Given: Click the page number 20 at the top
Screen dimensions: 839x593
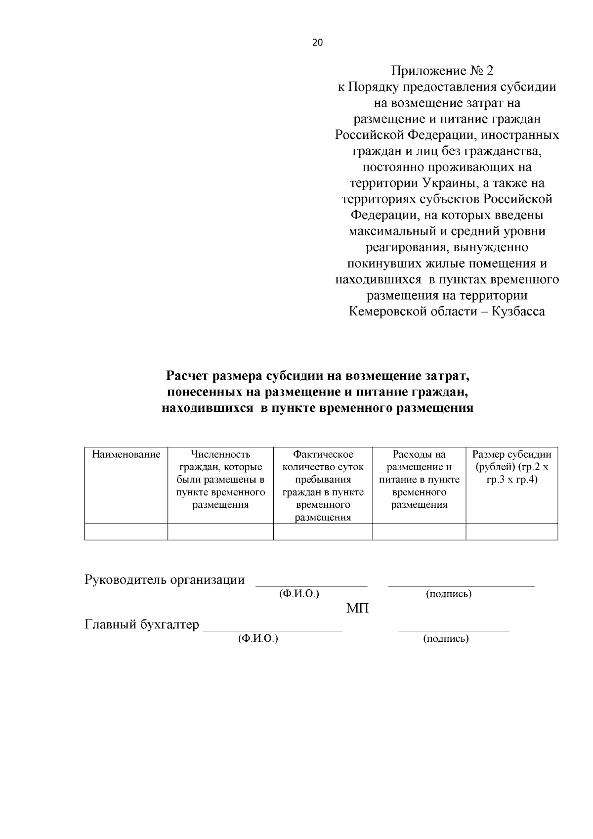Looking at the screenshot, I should [317, 43].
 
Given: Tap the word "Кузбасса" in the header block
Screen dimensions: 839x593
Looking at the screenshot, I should [519, 311].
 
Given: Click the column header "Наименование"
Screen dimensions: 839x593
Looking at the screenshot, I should [127, 454].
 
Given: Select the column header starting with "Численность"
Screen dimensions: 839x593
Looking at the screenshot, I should [220, 480].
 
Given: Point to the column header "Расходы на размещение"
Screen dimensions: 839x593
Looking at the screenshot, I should [419, 479].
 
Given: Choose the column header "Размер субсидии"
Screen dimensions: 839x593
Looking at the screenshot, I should [511, 467].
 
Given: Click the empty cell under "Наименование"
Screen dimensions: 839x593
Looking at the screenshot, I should [127, 532].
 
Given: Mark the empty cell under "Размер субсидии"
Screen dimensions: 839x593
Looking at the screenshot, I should [511, 532].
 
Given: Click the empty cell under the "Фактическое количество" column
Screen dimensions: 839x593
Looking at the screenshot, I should [323, 532].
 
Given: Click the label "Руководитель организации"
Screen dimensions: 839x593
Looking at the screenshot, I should [165, 580].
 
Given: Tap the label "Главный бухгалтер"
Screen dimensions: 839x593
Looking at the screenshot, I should [142, 625].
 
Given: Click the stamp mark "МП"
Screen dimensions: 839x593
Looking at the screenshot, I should [357, 609].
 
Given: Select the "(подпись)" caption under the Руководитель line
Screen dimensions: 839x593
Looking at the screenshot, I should [449, 594].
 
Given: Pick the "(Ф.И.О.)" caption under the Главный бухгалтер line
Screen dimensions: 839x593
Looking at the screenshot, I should [258, 639].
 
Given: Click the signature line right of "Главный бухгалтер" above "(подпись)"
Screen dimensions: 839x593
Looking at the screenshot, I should [454, 630].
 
